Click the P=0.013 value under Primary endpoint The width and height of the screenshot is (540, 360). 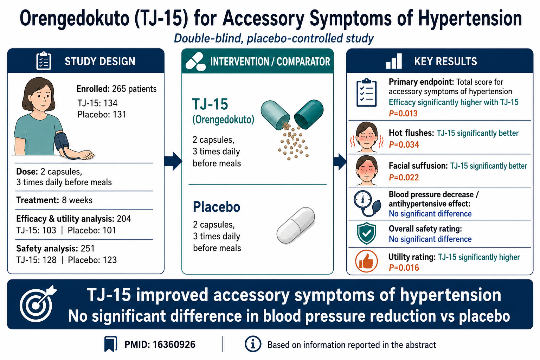[x=403, y=113]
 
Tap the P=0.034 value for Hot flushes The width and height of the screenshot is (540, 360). [x=404, y=145]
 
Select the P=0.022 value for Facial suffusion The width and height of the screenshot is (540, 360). [x=404, y=178]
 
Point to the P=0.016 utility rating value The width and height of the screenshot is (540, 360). [x=404, y=268]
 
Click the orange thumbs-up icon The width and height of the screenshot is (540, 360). [x=366, y=261]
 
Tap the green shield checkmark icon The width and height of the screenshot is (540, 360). [x=366, y=233]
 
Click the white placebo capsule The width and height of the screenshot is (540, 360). [x=296, y=225]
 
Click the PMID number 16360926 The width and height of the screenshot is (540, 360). [x=174, y=345]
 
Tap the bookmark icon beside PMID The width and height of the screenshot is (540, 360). [x=111, y=344]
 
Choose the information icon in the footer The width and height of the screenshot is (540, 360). [x=253, y=344]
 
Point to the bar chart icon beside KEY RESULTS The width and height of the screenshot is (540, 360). [x=394, y=61]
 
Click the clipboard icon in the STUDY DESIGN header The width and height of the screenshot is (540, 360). [x=44, y=61]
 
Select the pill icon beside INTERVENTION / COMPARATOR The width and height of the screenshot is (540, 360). [x=195, y=62]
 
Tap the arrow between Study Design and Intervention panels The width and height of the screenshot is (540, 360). [x=173, y=161]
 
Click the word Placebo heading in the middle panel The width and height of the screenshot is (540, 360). [x=217, y=207]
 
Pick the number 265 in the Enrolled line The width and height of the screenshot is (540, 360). [x=119, y=89]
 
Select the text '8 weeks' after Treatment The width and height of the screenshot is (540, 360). [x=77, y=200]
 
